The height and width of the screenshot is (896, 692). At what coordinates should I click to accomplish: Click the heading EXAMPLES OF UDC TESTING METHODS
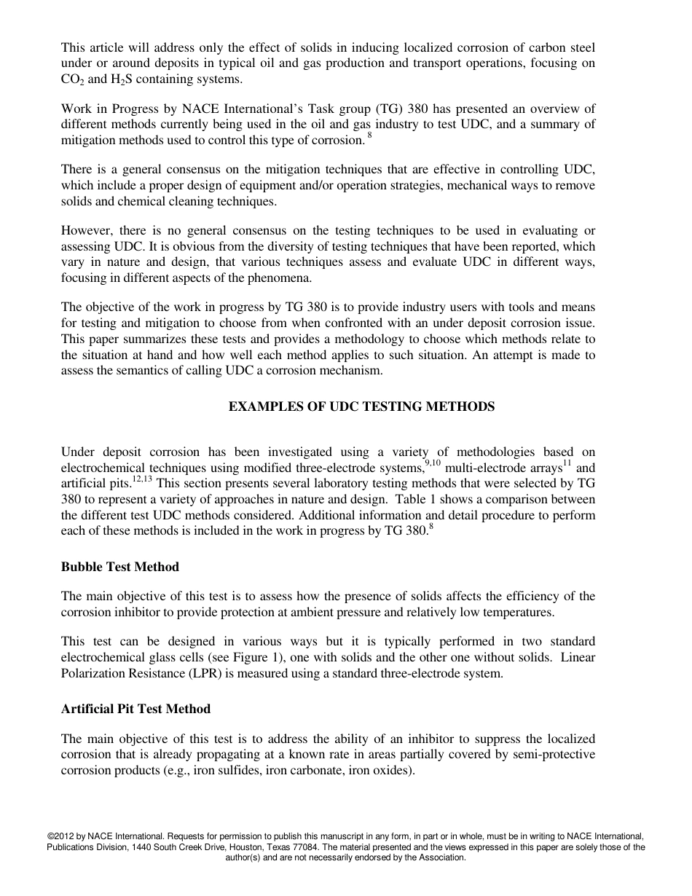pos(361,407)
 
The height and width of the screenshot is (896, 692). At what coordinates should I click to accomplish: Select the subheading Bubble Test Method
pos(119,567)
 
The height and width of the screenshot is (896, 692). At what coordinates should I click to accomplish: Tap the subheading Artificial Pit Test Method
pos(135,709)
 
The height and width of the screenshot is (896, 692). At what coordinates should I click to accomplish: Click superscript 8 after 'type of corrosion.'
pos(369,136)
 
